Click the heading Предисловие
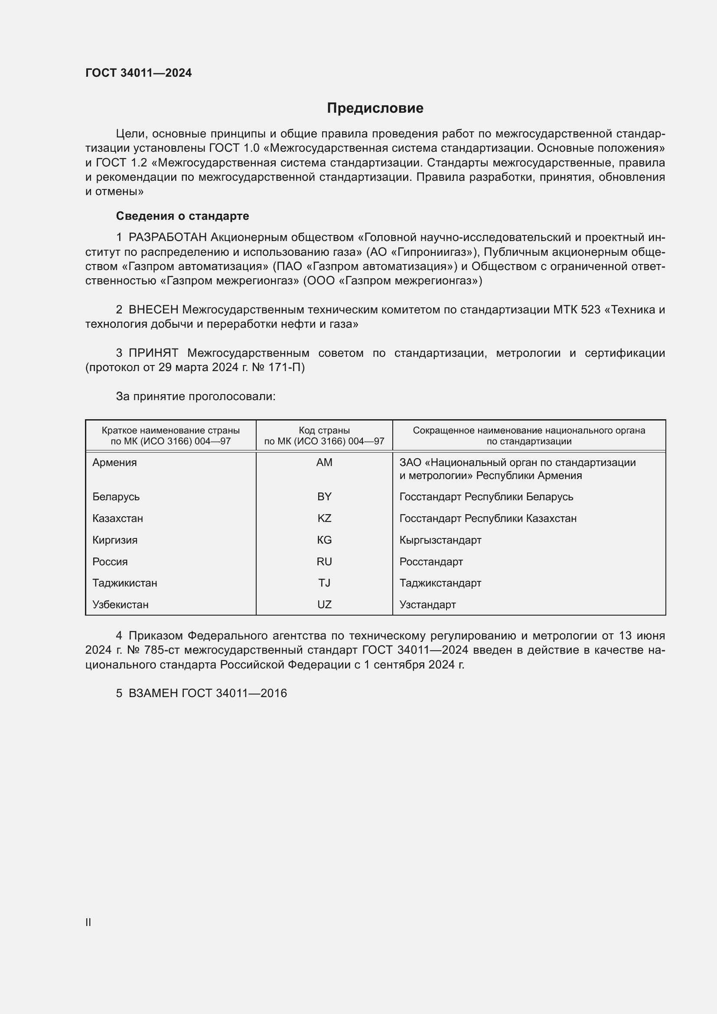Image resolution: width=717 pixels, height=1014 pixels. [375, 108]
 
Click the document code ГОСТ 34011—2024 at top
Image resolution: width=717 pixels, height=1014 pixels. [139, 73]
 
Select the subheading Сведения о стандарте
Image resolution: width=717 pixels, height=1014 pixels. [183, 216]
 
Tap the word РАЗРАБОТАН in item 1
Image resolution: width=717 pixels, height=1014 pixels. [168, 238]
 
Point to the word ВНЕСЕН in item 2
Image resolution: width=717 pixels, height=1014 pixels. [153, 310]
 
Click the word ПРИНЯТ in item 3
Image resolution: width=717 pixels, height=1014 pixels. [153, 353]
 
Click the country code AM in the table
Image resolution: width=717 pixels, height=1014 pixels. [324, 463]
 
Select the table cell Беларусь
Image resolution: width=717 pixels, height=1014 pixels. [116, 497]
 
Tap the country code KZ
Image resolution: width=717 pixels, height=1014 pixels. [324, 518]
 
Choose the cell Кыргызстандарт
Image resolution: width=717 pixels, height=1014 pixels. [440, 540]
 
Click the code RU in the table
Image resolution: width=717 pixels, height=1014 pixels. [324, 562]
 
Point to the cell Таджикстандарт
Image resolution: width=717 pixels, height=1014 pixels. [440, 583]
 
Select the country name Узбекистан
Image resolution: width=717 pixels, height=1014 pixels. [121, 605]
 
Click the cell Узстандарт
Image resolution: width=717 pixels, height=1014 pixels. [427, 605]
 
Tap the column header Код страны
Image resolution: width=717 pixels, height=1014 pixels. [324, 430]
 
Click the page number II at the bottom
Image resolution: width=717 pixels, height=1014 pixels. [88, 922]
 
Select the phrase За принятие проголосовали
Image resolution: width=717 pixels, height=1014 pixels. [196, 397]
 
